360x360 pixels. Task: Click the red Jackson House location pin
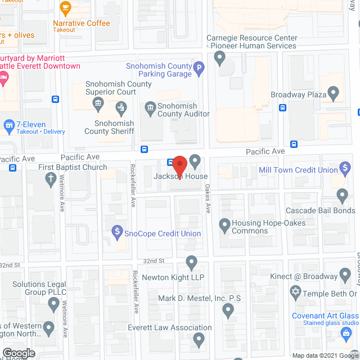[x=179, y=165]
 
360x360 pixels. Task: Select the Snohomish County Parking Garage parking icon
[x=199, y=70]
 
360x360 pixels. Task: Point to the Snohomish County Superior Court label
[x=119, y=88]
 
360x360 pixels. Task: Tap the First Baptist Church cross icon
[x=49, y=178]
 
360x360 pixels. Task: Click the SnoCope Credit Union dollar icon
[x=118, y=230]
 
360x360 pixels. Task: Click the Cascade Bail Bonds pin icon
[x=342, y=195]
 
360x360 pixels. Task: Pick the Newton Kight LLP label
[x=173, y=278]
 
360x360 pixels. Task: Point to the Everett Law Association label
[x=177, y=328]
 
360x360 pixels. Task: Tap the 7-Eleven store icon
[x=8, y=124]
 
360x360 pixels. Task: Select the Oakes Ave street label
[x=208, y=199]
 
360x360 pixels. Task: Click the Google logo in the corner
[x=18, y=353]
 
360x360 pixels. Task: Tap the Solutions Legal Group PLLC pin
[x=54, y=304]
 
